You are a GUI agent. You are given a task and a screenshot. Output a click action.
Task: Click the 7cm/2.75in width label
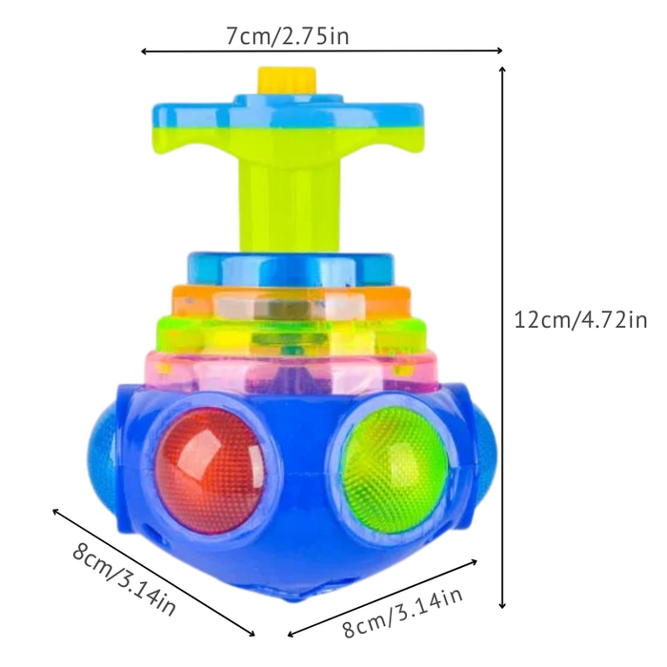point(288,36)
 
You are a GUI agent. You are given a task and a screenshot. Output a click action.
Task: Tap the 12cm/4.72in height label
point(580,320)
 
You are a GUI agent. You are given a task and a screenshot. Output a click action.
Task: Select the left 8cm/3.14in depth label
point(124,578)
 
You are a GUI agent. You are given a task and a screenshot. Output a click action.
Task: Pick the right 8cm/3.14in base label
point(403,612)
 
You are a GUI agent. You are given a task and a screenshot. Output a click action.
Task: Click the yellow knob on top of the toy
point(287,80)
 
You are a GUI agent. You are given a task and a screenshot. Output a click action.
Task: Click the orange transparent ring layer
point(292,304)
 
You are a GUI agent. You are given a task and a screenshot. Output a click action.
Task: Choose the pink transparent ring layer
point(292,370)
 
